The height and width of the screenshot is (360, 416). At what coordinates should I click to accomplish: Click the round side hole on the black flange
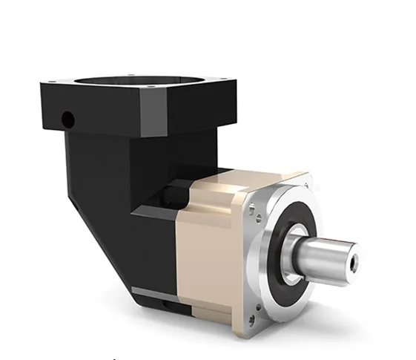click(x=67, y=117)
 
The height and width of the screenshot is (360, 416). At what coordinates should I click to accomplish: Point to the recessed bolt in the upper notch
click(x=173, y=194)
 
